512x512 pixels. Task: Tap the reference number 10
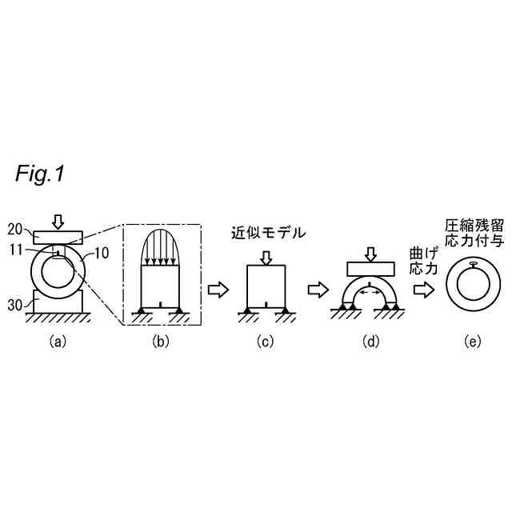[x=96, y=253]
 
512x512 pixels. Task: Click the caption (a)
[x=57, y=341]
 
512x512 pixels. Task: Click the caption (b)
[x=161, y=341]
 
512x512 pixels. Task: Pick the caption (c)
[x=266, y=341]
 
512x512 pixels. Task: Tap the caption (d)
[x=370, y=341]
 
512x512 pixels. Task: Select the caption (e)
[x=474, y=341]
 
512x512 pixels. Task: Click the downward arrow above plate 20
[x=57, y=220]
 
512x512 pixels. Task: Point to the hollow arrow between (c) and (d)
[x=319, y=290]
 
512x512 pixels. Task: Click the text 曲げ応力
[x=423, y=261]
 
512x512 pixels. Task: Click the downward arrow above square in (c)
[x=266, y=258]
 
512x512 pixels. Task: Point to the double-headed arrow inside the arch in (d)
[x=369, y=294]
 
